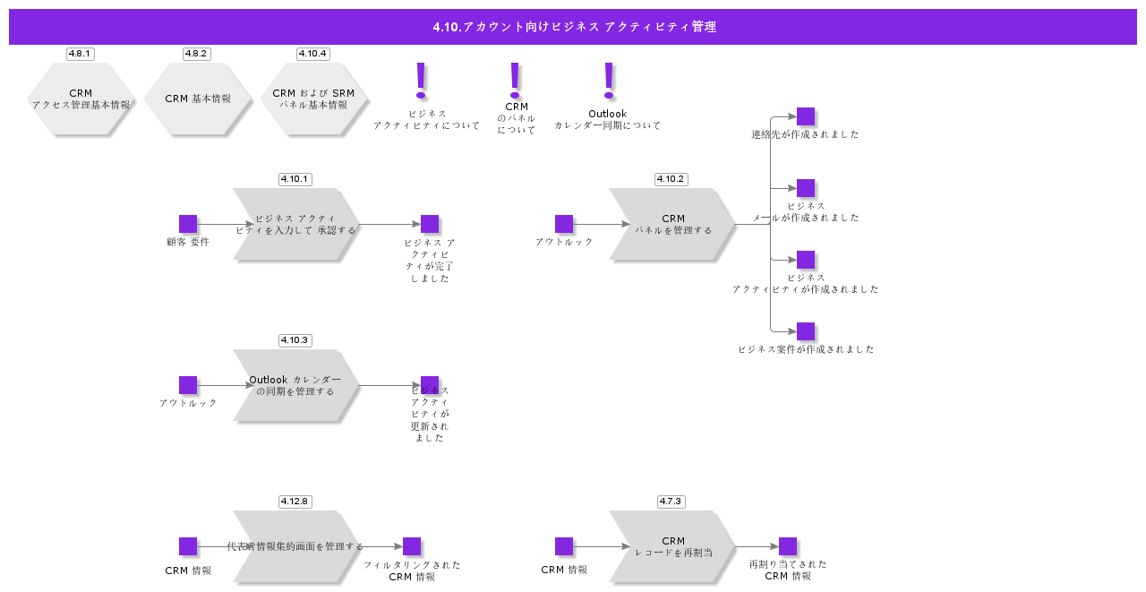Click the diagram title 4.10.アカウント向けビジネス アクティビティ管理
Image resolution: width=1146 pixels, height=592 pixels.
tap(573, 27)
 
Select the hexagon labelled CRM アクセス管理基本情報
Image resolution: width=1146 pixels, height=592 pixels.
tap(81, 99)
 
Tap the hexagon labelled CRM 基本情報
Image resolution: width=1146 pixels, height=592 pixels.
tap(197, 99)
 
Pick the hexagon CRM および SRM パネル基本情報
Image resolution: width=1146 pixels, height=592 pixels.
tap(313, 99)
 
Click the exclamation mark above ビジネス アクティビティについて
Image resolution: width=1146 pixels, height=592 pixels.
tap(421, 80)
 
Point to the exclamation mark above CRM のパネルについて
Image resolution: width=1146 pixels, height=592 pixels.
tap(515, 80)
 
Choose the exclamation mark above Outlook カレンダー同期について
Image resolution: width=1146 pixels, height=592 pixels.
tap(609, 80)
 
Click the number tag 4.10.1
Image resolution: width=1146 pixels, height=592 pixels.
tap(295, 179)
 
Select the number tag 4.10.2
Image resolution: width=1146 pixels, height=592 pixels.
tap(671, 179)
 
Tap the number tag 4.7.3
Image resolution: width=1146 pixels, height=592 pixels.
tap(671, 502)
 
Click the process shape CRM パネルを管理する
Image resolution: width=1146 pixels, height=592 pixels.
tap(671, 224)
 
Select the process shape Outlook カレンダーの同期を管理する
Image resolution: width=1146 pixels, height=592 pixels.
tap(295, 385)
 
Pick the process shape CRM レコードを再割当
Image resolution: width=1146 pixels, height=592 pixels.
tap(671, 546)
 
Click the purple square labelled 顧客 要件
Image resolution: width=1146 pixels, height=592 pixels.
tap(188, 224)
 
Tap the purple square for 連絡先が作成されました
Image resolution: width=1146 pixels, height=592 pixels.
tap(806, 116)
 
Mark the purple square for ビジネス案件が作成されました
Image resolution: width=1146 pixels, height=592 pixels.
tap(806, 331)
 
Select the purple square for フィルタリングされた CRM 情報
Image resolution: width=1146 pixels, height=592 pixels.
tap(412, 546)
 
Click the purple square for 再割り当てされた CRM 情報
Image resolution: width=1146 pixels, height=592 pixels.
tap(788, 546)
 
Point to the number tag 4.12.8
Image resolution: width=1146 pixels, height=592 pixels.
tap(295, 502)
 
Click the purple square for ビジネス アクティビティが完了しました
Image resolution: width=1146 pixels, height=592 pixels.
tap(430, 224)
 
